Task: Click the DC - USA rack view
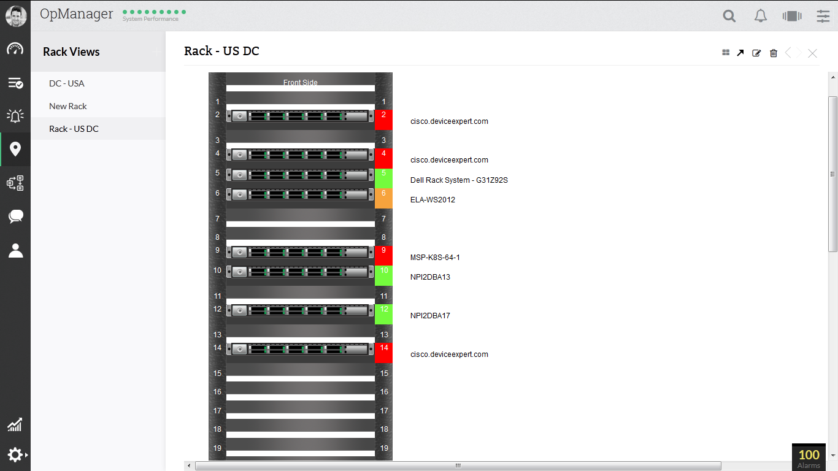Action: click(67, 83)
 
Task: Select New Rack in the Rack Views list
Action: click(68, 106)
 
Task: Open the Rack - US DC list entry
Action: click(74, 129)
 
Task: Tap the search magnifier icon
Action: click(729, 16)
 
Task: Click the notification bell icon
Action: click(760, 16)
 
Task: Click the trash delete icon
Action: click(773, 53)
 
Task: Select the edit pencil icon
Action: click(756, 53)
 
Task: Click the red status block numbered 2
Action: click(383, 120)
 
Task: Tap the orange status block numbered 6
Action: click(383, 198)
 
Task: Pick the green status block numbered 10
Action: click(383, 275)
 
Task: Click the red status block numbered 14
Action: click(383, 353)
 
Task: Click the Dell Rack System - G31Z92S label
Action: click(459, 180)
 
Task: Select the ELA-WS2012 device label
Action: click(432, 200)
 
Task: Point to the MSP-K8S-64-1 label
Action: click(435, 258)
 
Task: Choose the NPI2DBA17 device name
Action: click(430, 316)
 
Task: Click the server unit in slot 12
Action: click(300, 310)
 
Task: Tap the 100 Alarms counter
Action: click(809, 457)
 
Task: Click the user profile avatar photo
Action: click(16, 16)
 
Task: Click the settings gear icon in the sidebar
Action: click(15, 454)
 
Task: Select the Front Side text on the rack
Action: click(301, 82)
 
